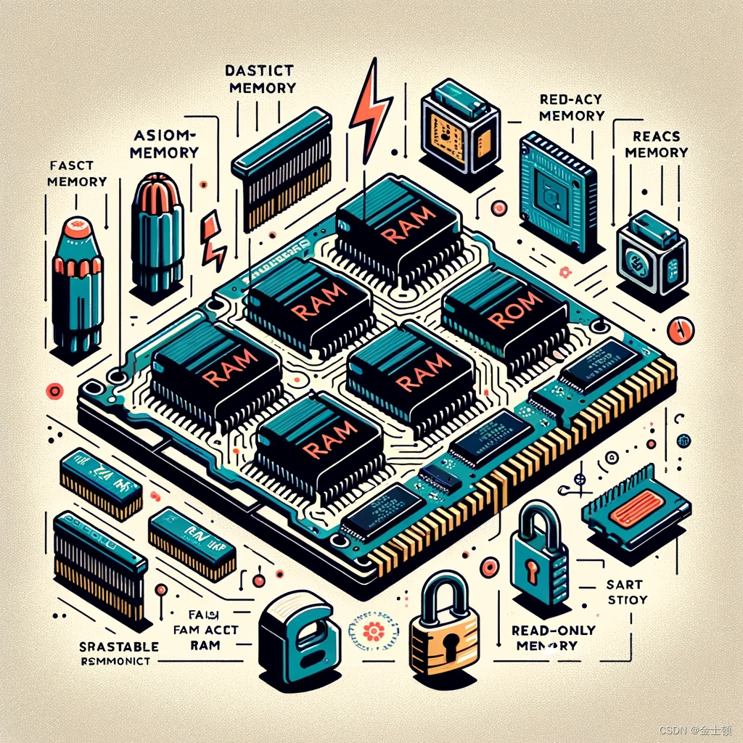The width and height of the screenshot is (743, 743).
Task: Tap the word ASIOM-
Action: pyautogui.click(x=165, y=136)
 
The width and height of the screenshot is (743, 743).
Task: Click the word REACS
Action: pyautogui.click(x=656, y=136)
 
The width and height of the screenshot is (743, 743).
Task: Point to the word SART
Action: pyautogui.click(x=620, y=583)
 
